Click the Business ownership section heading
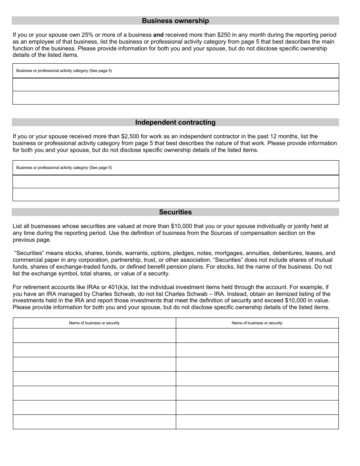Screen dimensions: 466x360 coord(175,21)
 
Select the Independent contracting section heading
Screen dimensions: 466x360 coord(175,122)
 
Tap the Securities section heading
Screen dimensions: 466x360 coord(175,212)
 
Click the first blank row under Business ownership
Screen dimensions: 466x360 coord(175,84)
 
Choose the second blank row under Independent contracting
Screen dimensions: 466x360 coord(175,194)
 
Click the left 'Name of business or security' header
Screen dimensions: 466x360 coord(94,323)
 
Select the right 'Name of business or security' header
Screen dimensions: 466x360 coord(257,323)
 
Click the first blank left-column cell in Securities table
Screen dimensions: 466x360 coord(94,335)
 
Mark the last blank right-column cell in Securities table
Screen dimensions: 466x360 coord(257,422)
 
